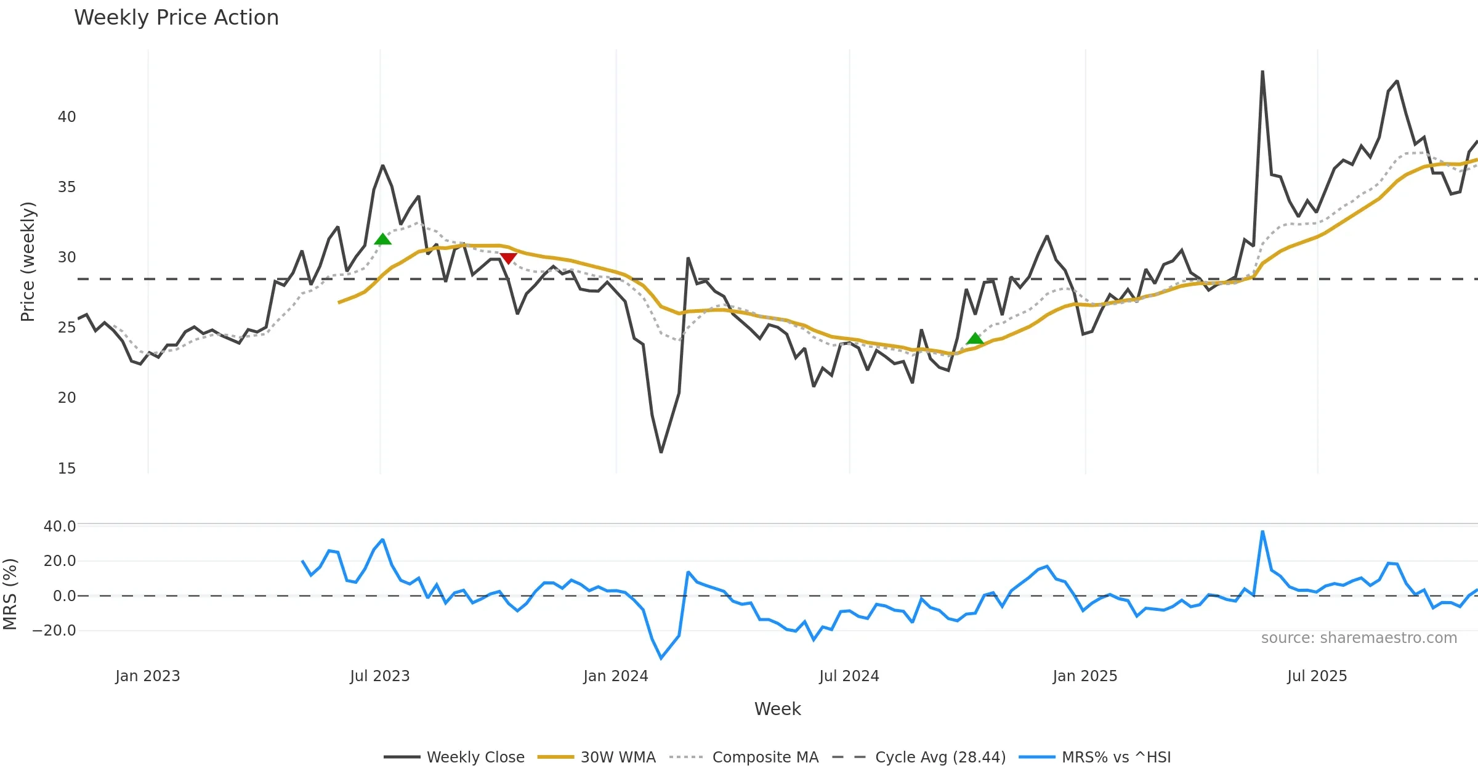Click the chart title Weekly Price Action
(x=176, y=18)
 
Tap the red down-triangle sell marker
(x=508, y=258)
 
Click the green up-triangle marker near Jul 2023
(x=382, y=239)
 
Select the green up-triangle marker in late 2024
(x=975, y=338)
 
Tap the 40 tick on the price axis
(x=67, y=117)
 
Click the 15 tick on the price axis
(x=67, y=469)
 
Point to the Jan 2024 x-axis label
(x=616, y=676)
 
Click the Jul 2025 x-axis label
(x=1317, y=676)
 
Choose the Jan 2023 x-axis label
(x=148, y=676)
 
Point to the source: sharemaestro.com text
(x=1359, y=638)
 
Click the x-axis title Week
(x=777, y=709)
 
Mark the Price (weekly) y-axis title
(x=28, y=262)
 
